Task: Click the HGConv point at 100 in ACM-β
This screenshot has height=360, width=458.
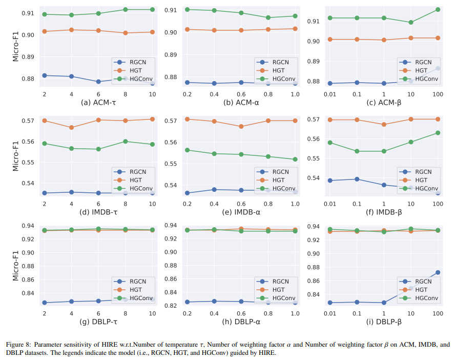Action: coord(438,10)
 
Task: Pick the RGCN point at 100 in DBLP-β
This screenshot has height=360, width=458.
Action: coord(438,273)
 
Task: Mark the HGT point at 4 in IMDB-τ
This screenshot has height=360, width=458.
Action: coord(71,127)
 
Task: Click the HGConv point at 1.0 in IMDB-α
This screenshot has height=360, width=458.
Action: coord(294,159)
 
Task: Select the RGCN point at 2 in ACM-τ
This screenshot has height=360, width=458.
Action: coord(45,75)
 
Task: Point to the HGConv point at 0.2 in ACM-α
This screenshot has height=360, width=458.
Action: coord(187,9)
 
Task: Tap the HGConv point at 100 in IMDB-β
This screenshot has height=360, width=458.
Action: coord(438,133)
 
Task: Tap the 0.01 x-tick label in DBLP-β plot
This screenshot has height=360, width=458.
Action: coord(330,313)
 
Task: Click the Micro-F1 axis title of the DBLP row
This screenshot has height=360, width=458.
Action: coord(16,265)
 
